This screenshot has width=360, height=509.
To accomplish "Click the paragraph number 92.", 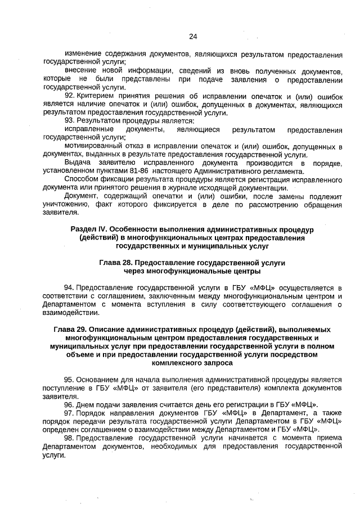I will click(x=69, y=95).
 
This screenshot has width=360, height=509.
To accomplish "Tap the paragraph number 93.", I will click(x=69, y=120).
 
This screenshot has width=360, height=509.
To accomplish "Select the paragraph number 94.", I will click(x=69, y=287).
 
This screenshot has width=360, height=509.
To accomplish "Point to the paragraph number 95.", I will click(x=69, y=380).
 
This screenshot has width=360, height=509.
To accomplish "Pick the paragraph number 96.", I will click(x=69, y=404).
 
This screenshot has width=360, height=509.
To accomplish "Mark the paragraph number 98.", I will click(x=69, y=438).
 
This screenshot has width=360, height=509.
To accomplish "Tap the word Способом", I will click(x=80, y=179).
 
